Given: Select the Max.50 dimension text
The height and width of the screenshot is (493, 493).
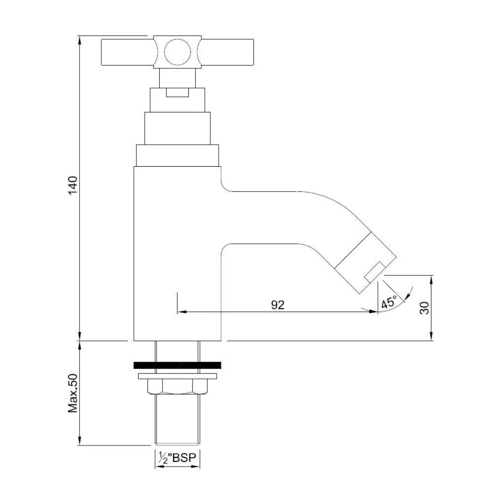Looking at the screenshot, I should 73,393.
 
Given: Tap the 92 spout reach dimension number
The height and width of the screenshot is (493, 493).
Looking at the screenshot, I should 278,305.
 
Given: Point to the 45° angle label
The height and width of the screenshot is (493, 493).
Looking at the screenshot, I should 389,303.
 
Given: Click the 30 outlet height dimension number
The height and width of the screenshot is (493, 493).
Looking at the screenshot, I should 425,308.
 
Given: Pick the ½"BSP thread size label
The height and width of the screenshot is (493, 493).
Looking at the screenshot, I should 177,458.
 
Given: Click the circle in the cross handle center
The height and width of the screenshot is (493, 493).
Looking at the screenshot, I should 177,52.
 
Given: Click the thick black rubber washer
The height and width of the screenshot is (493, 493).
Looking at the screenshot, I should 177,365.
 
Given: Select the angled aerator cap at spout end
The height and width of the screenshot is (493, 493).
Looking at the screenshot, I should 365,261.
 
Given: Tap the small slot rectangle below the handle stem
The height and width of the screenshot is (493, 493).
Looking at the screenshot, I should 177,93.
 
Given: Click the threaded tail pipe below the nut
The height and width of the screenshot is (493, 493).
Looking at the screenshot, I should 177,420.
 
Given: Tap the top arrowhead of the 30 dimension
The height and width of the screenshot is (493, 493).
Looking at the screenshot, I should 431,279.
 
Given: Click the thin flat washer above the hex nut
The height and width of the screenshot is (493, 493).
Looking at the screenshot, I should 177,376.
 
